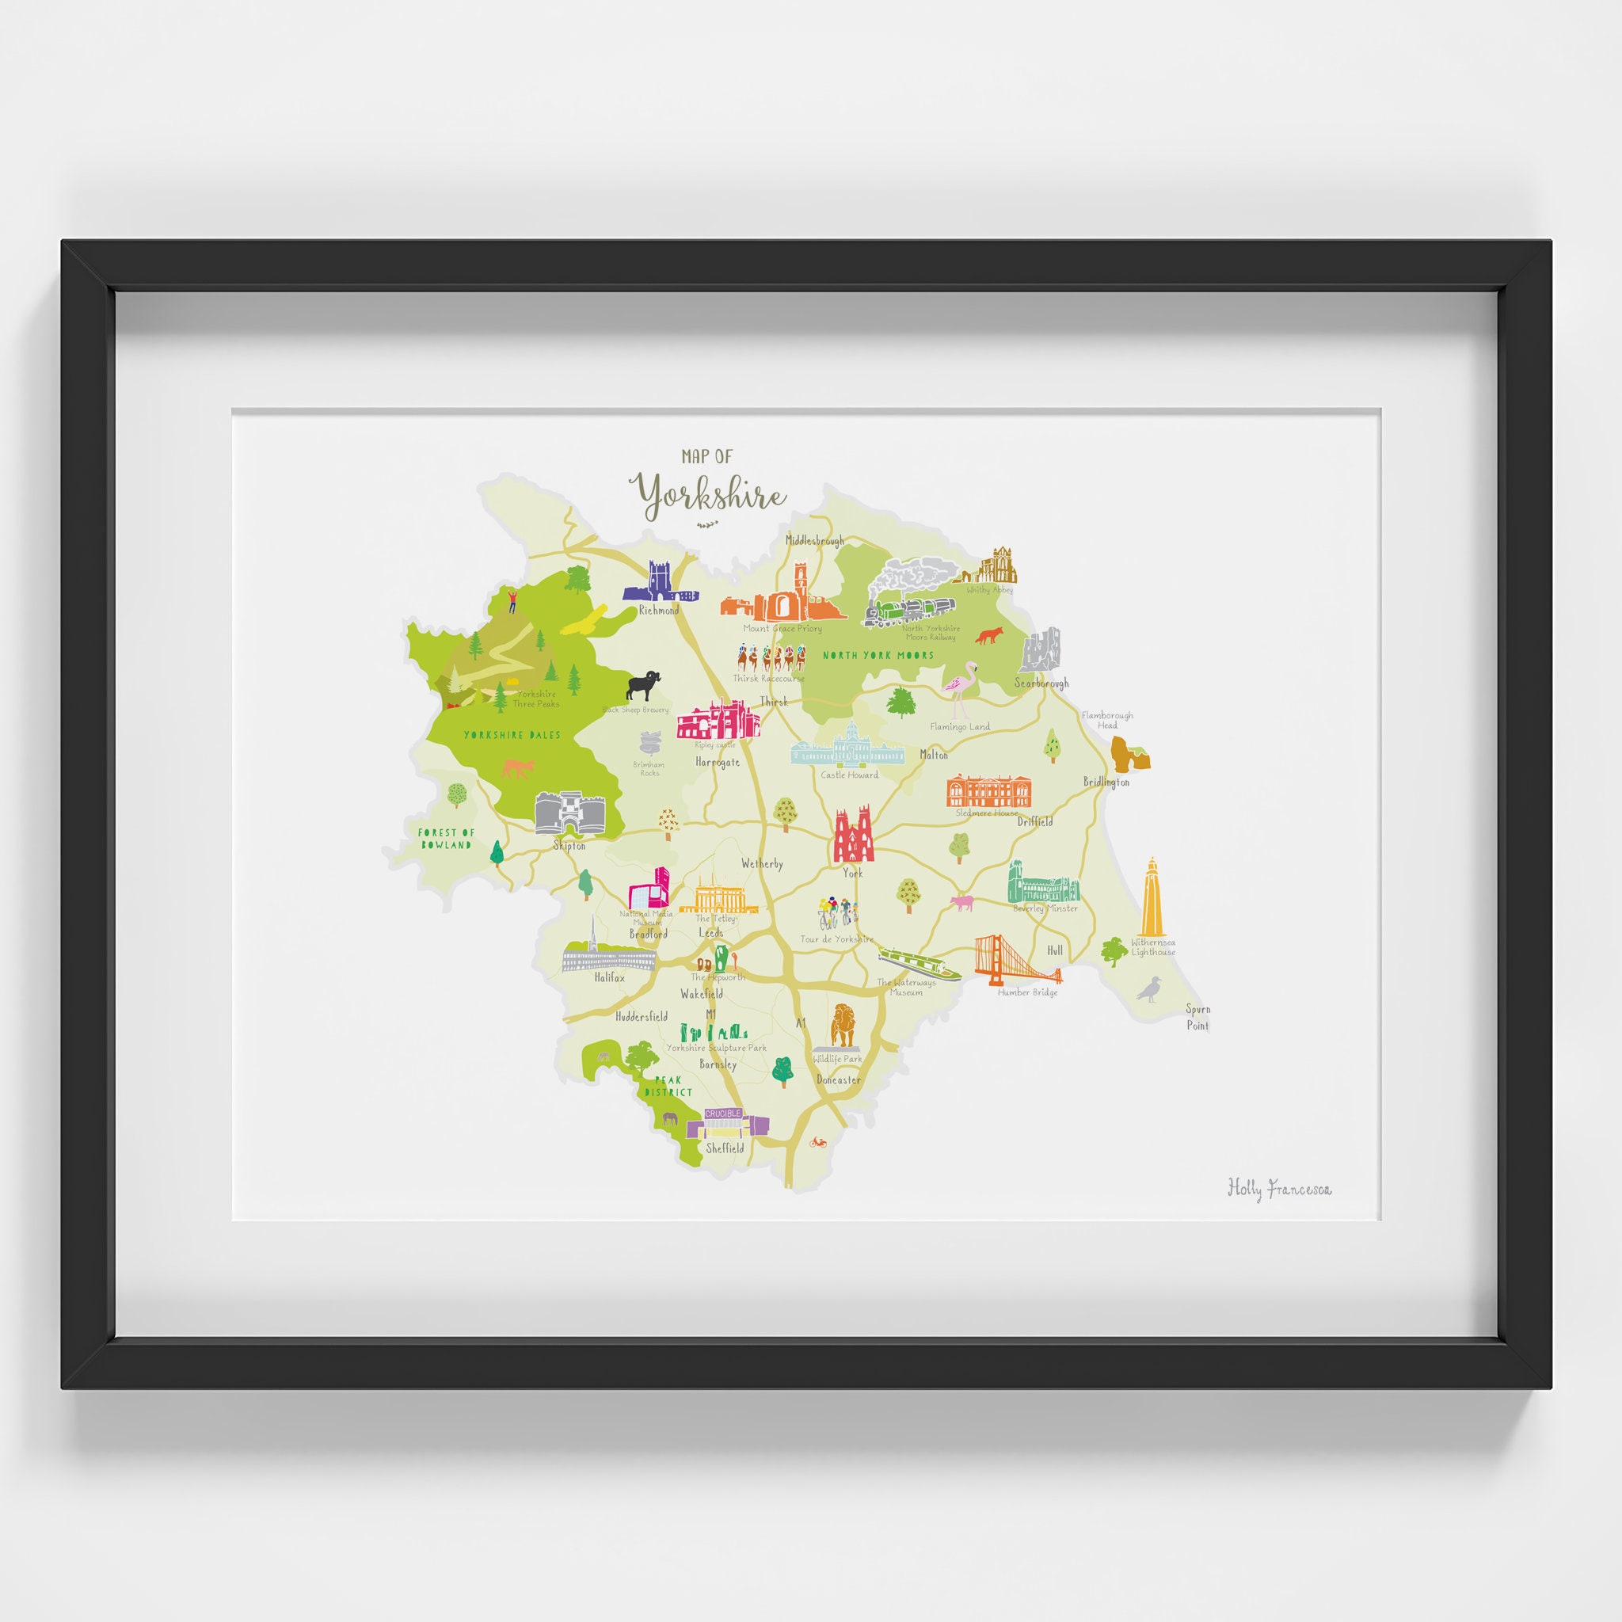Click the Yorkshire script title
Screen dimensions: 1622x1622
click(x=710, y=495)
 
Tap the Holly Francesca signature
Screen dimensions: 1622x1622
click(x=1278, y=1188)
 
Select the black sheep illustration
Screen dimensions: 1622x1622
click(x=643, y=685)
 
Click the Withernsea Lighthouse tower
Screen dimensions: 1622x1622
click(x=1152, y=897)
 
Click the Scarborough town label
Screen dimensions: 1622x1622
click(x=1041, y=683)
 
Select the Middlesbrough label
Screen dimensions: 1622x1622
click(x=814, y=540)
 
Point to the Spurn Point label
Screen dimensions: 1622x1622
click(x=1197, y=1017)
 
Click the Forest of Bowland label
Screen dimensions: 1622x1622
click(x=446, y=838)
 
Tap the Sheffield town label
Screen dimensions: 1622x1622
click(x=725, y=1148)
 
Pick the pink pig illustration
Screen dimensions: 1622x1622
click(x=961, y=904)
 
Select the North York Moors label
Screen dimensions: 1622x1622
click(x=878, y=656)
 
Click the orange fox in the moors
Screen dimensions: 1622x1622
click(x=988, y=637)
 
